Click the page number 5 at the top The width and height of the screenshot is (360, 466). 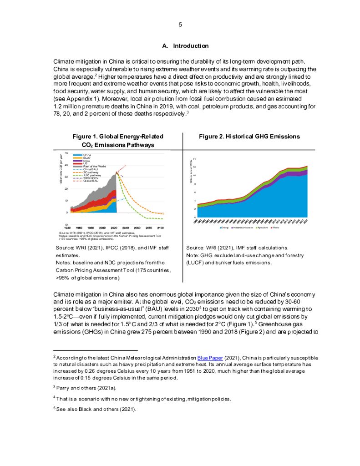point(180,25)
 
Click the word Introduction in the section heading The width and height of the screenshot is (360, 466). point(191,46)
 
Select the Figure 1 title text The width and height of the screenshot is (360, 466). point(118,141)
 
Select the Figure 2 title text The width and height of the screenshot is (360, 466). point(249,137)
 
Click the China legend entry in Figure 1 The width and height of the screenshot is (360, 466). point(86,155)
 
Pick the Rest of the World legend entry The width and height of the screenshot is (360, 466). point(94,167)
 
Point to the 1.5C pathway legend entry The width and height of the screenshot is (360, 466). point(91,175)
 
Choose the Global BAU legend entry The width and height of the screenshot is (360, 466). point(90,181)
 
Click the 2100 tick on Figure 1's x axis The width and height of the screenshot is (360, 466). point(161,227)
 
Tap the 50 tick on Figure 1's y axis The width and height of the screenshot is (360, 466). point(66,154)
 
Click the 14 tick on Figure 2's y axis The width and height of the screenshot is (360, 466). point(194,159)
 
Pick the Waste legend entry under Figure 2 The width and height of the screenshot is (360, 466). point(276,228)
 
